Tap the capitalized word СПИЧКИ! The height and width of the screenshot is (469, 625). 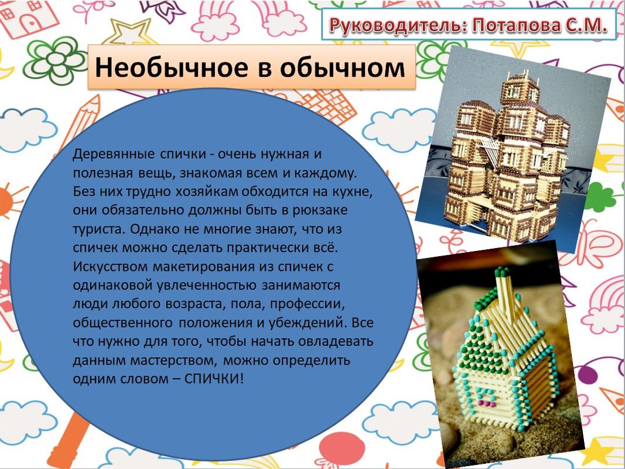point(214,378)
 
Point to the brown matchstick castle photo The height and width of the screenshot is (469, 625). point(513,149)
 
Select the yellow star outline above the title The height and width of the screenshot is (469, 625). point(127,31)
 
